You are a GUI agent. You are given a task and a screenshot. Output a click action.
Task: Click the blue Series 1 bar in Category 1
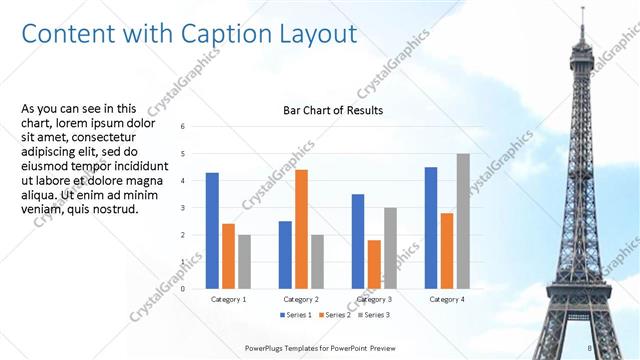tap(212, 230)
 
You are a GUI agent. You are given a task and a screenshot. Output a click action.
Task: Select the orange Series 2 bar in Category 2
tap(301, 229)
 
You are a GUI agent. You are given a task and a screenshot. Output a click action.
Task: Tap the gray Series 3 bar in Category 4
tap(463, 221)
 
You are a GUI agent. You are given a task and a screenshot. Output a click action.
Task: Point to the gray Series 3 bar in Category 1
tap(244, 261)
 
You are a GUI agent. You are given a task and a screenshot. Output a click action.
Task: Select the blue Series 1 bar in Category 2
tap(285, 254)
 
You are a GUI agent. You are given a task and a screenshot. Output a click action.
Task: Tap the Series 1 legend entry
tap(295, 315)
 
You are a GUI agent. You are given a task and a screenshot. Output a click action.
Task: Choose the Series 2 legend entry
tap(334, 315)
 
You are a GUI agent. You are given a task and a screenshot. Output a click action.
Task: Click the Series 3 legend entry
tap(373, 315)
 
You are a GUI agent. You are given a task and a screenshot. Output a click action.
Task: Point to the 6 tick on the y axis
tap(183, 127)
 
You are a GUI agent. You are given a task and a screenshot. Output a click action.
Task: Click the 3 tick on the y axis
tap(183, 208)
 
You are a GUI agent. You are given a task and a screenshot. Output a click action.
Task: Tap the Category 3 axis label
tap(374, 299)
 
